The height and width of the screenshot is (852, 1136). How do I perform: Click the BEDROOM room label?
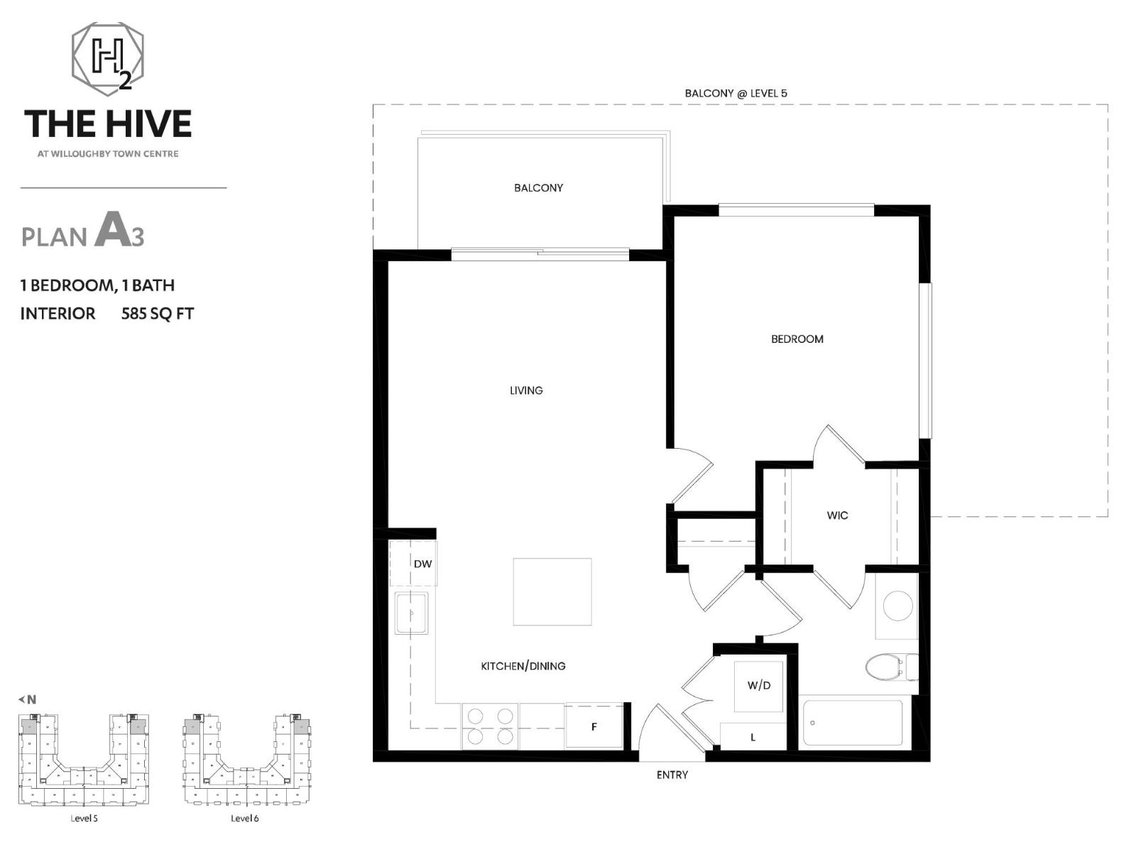click(797, 339)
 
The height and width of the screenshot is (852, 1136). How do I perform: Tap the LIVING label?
click(526, 390)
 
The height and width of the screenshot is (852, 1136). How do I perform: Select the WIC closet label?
click(837, 515)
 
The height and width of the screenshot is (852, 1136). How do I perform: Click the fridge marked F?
click(594, 726)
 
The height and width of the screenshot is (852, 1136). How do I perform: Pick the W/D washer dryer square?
click(758, 686)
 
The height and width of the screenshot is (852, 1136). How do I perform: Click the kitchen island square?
click(552, 591)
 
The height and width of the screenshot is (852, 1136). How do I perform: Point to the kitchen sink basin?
click(411, 613)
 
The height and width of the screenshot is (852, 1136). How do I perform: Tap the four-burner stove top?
click(490, 726)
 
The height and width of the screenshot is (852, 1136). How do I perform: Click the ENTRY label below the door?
click(672, 775)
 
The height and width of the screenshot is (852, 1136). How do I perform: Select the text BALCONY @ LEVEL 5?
click(736, 93)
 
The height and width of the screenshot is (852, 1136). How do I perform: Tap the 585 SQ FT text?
click(157, 314)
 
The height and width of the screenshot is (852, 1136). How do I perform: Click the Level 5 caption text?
click(84, 819)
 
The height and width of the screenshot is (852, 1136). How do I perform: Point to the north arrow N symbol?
click(28, 699)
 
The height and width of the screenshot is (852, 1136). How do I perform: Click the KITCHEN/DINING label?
click(523, 666)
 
